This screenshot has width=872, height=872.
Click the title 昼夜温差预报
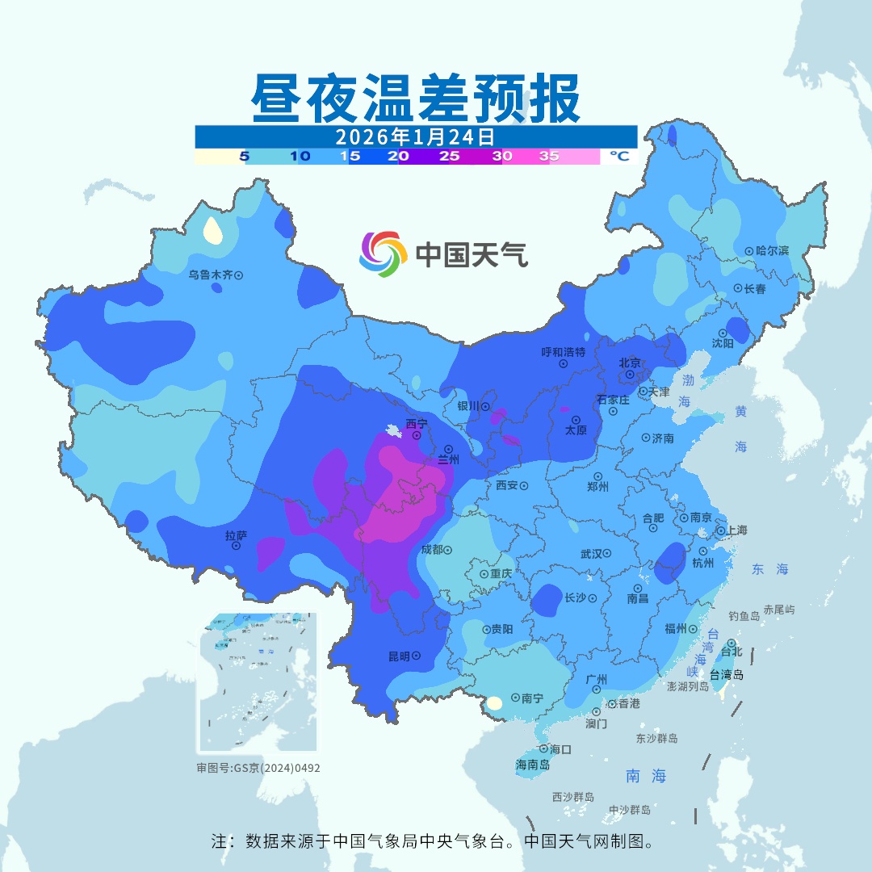[416, 99]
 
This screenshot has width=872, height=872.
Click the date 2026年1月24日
[415, 136]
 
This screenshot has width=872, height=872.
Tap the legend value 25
[449, 157]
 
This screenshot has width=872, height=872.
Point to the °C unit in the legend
[618, 157]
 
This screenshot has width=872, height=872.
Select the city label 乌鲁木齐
[211, 275]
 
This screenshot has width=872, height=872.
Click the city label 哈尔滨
[772, 251]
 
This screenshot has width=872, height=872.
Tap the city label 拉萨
[236, 535]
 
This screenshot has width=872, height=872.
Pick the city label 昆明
[399, 656]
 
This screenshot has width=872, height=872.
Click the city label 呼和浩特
[563, 352]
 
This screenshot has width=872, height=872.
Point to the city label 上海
[736, 530]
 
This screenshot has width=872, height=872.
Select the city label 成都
[432, 550]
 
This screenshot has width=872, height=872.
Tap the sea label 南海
[646, 776]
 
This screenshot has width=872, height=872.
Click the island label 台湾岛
[727, 675]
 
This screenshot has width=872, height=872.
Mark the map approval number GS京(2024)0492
[258, 768]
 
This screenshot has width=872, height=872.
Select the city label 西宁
[416, 424]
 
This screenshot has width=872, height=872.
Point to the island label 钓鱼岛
[744, 616]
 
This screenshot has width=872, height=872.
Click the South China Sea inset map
[258, 683]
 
